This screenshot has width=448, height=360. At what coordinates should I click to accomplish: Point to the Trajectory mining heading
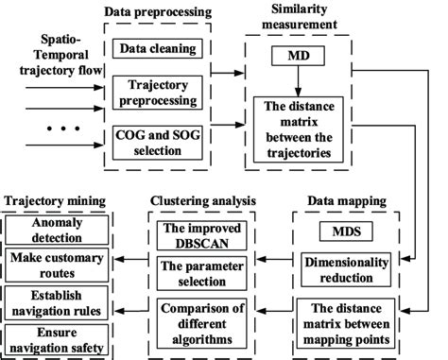[x=55, y=201]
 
